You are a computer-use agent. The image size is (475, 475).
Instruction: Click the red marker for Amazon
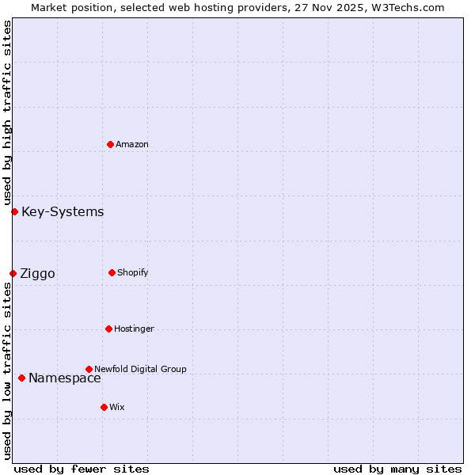coord(110,144)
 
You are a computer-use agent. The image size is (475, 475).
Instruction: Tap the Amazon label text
coord(131,144)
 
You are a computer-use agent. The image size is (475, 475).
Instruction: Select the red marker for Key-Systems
coord(14,211)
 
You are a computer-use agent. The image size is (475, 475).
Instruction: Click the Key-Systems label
coord(63,211)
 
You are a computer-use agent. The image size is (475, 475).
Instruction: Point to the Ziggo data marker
coord(13,273)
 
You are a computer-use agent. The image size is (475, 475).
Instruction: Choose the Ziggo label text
coord(37,274)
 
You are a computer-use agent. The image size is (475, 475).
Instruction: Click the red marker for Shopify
coord(112,272)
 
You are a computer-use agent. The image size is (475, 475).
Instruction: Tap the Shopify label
coord(132,272)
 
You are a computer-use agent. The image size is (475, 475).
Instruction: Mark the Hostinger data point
coord(108,329)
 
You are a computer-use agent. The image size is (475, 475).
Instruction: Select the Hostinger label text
coord(134,329)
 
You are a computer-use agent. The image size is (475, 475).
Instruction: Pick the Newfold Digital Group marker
coord(89,369)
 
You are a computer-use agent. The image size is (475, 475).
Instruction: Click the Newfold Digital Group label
coord(140,369)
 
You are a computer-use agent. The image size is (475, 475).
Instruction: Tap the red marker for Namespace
coord(21,378)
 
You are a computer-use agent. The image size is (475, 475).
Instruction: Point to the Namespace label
coord(64,378)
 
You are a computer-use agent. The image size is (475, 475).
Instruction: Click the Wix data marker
coord(104,407)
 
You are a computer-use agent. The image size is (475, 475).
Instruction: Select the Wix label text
coord(116,407)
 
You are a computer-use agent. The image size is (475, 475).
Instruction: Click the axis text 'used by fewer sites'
coord(82,469)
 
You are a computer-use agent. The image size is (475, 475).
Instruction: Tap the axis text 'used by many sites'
coord(397,469)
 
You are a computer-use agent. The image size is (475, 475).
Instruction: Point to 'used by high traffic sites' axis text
coord(7,113)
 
